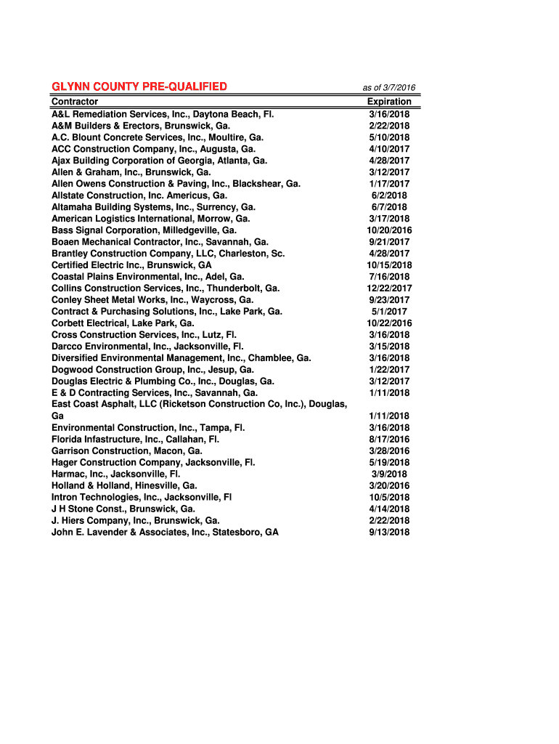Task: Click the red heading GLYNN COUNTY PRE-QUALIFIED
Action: (139, 87)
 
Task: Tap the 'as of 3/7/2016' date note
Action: (388, 88)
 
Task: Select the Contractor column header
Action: (75, 102)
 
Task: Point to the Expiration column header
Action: (389, 102)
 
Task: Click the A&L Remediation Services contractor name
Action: (163, 114)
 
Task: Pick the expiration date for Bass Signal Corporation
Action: (389, 230)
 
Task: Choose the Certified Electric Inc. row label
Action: (131, 265)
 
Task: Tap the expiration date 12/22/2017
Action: (389, 288)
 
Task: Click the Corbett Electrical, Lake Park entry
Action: (123, 323)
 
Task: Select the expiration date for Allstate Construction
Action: (389, 195)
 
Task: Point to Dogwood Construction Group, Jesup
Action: (152, 370)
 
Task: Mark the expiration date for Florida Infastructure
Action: (389, 440)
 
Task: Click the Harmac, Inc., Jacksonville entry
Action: (116, 474)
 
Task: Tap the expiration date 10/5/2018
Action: (389, 498)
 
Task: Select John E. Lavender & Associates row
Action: (165, 533)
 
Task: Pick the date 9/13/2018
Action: (389, 533)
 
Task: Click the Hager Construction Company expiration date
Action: (389, 463)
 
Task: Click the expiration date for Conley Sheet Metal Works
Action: (389, 300)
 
